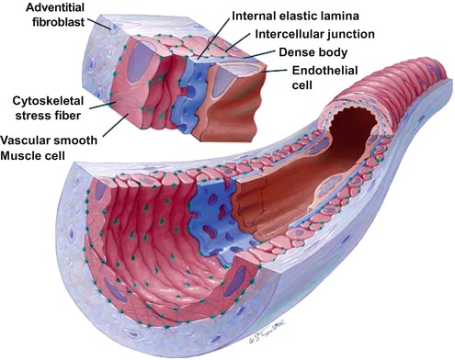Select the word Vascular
click(28, 139)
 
